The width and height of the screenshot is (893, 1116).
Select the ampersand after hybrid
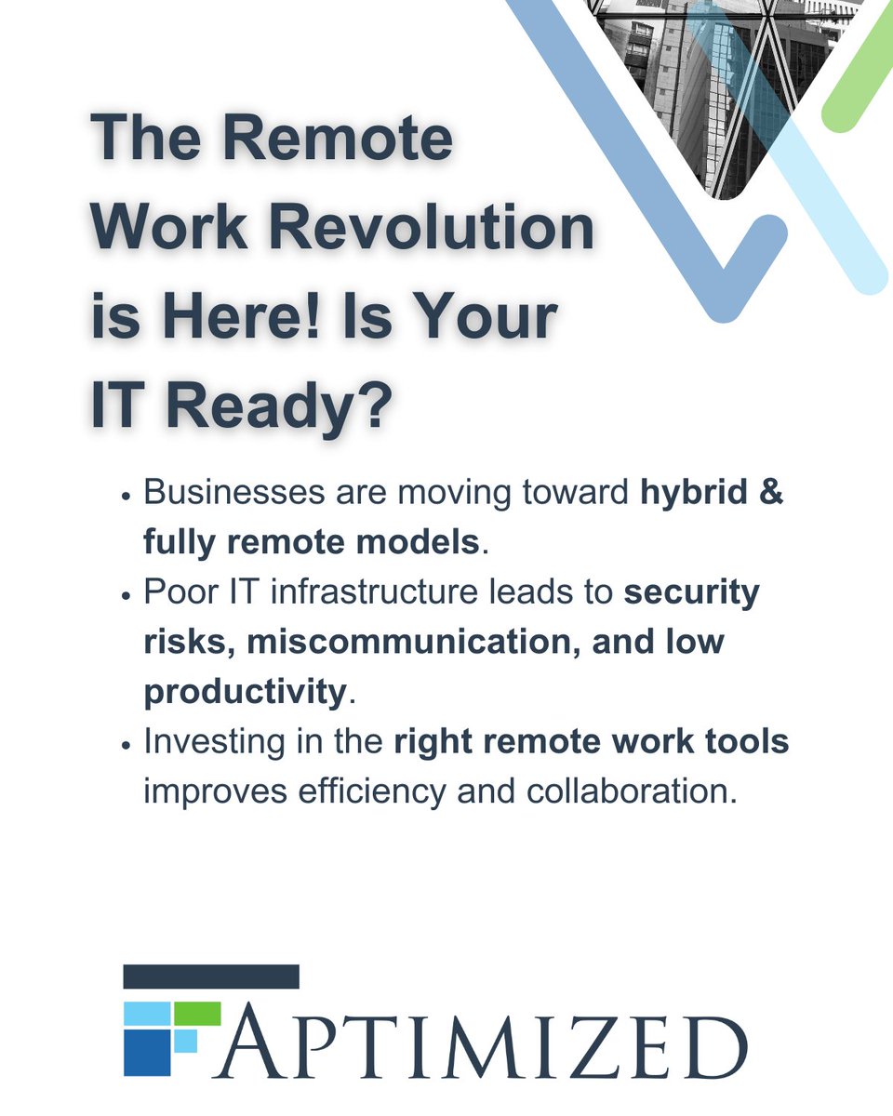771,493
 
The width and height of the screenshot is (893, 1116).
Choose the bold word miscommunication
414,643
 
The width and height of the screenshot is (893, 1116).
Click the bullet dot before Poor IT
126,596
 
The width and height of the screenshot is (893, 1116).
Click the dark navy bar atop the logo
211,976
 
